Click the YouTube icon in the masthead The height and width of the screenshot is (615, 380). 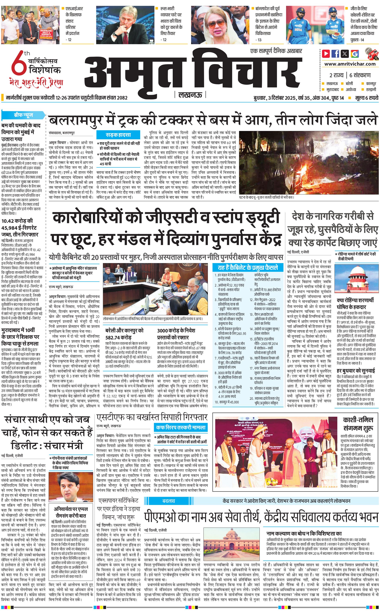pyautogui.click(x=326, y=54)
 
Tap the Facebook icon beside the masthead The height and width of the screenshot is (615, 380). pyautogui.click(x=335, y=54)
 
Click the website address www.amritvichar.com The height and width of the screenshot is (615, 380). pyautogui.click(x=350, y=64)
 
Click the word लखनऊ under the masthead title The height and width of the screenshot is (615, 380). pyautogui.click(x=190, y=95)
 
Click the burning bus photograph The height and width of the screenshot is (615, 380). pyautogui.click(x=309, y=162)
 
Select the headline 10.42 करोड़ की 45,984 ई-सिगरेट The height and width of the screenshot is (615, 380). pyautogui.click(x=20, y=228)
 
